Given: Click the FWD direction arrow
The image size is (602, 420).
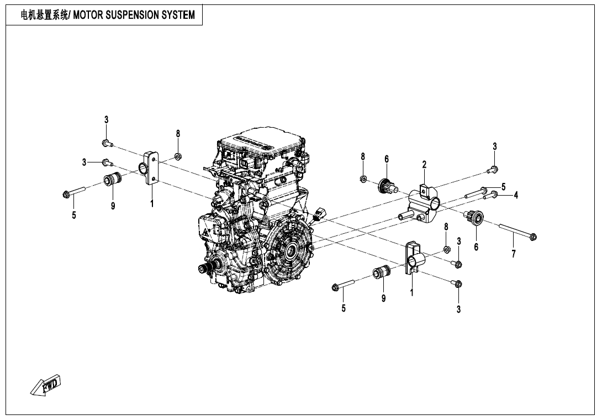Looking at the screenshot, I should pyautogui.click(x=46, y=385).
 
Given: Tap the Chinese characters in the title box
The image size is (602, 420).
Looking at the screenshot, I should pyautogui.click(x=44, y=15).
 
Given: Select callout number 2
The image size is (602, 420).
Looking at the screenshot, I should pyautogui.click(x=424, y=165).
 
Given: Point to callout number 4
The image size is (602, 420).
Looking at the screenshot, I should pyautogui.click(x=515, y=195).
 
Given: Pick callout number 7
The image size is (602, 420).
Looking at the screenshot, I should pyautogui.click(x=513, y=254).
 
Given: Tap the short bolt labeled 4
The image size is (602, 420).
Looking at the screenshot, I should pyautogui.click(x=493, y=195).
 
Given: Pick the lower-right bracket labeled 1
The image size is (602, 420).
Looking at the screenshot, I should pyautogui.click(x=413, y=256).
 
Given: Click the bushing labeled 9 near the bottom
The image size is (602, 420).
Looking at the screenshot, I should pyautogui.click(x=382, y=272).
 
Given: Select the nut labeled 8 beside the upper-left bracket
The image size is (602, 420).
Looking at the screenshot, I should pyautogui.click(x=178, y=156).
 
